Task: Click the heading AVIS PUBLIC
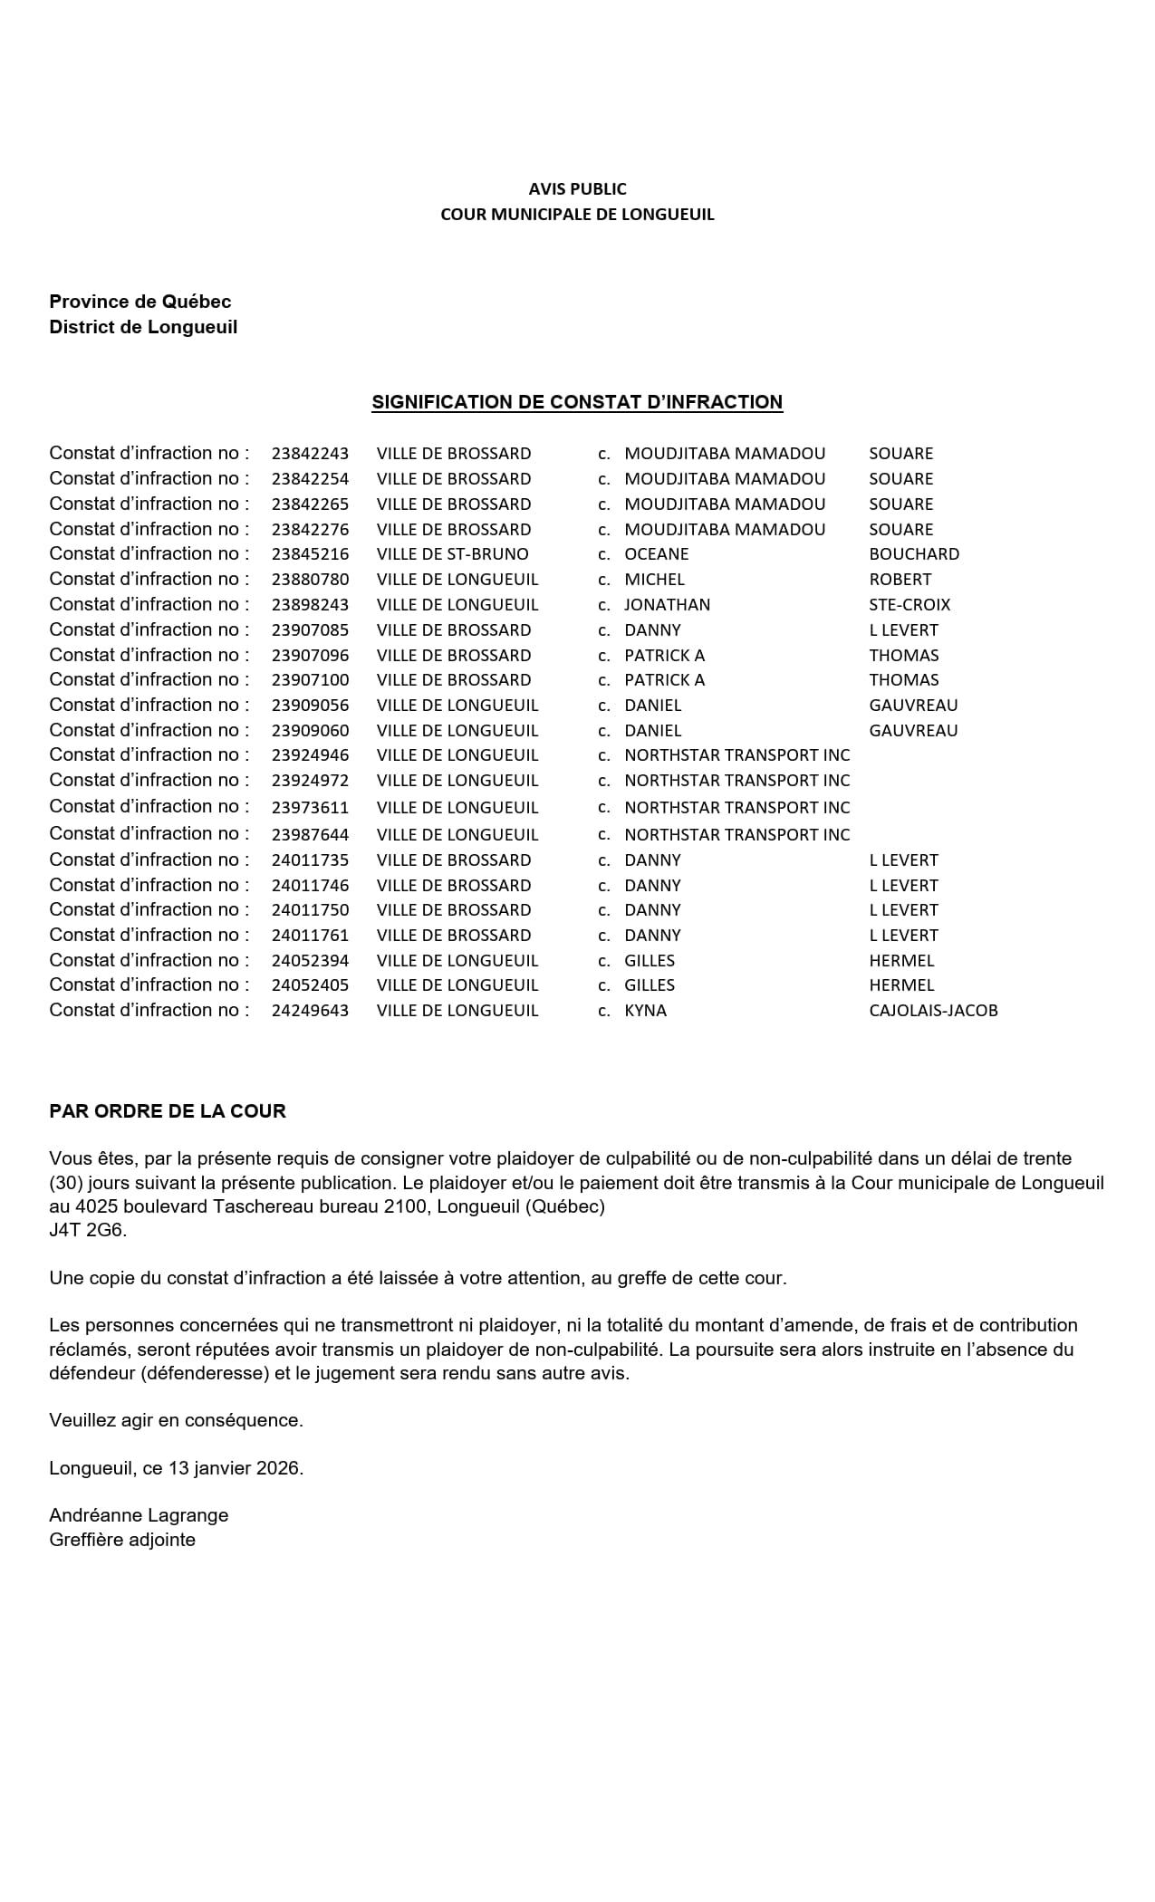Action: tap(577, 188)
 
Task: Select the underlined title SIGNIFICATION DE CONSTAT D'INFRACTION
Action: tap(577, 402)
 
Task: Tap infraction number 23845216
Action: tap(310, 554)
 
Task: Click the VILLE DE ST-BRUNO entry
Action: tap(452, 554)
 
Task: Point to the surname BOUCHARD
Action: tap(913, 554)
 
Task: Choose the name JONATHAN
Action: tap(667, 605)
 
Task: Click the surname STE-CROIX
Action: tap(909, 605)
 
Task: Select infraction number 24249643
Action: tap(310, 1011)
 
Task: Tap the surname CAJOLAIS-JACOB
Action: tap(932, 1011)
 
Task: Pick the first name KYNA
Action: tap(645, 1011)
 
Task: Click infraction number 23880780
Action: tap(310, 580)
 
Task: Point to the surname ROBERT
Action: tap(900, 580)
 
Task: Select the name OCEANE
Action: tap(656, 554)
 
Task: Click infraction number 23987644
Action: tap(310, 835)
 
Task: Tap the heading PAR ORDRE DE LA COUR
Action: tap(168, 1111)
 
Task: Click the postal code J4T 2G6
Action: tap(88, 1230)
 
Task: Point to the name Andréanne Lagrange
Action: tap(139, 1515)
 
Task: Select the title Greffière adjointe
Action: tap(122, 1540)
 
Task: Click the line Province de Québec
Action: tap(140, 302)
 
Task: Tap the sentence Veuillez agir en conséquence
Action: tap(176, 1420)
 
